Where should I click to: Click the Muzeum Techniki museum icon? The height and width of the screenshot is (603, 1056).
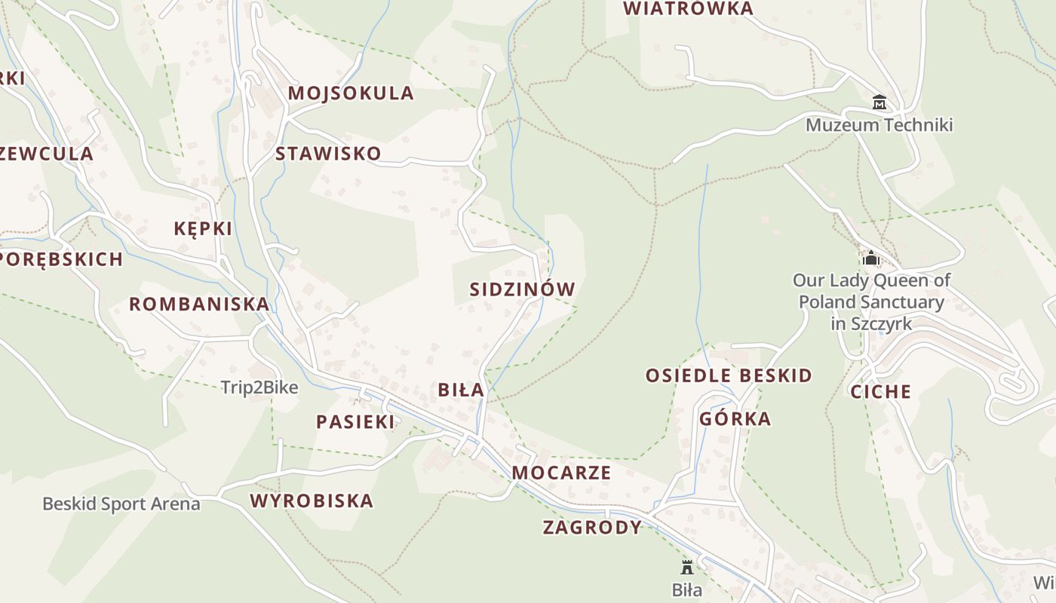pos(879,103)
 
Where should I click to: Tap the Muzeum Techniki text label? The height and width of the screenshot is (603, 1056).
pos(879,124)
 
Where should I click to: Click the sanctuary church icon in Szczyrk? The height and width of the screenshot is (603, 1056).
pos(871,258)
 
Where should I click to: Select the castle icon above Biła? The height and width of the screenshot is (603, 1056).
pos(686,567)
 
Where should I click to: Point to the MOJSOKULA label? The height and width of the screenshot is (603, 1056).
pos(351,93)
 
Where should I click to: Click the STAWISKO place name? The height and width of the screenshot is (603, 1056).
pos(328,154)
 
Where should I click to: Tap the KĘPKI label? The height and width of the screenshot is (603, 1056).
pos(203,228)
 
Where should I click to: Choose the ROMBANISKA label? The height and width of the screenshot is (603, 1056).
pos(199,304)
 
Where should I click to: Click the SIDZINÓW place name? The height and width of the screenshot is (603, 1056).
pos(522,289)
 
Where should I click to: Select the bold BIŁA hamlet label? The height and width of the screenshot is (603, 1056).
pos(461,390)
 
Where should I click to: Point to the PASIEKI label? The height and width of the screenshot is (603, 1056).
pos(355,422)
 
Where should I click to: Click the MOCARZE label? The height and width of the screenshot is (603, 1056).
pos(561,473)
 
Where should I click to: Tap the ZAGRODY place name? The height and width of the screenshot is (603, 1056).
pos(592,528)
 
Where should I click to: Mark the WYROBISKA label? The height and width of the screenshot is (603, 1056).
pos(312,500)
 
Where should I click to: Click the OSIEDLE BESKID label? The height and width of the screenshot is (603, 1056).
pos(729,375)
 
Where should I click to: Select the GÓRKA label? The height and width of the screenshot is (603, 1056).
pos(735,418)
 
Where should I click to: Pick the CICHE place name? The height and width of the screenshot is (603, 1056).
pos(881,391)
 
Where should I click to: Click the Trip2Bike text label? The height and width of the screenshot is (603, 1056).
pos(259,387)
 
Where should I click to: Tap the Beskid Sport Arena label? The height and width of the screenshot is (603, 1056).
pos(121,504)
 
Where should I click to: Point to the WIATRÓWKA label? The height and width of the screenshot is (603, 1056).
pos(689,8)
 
